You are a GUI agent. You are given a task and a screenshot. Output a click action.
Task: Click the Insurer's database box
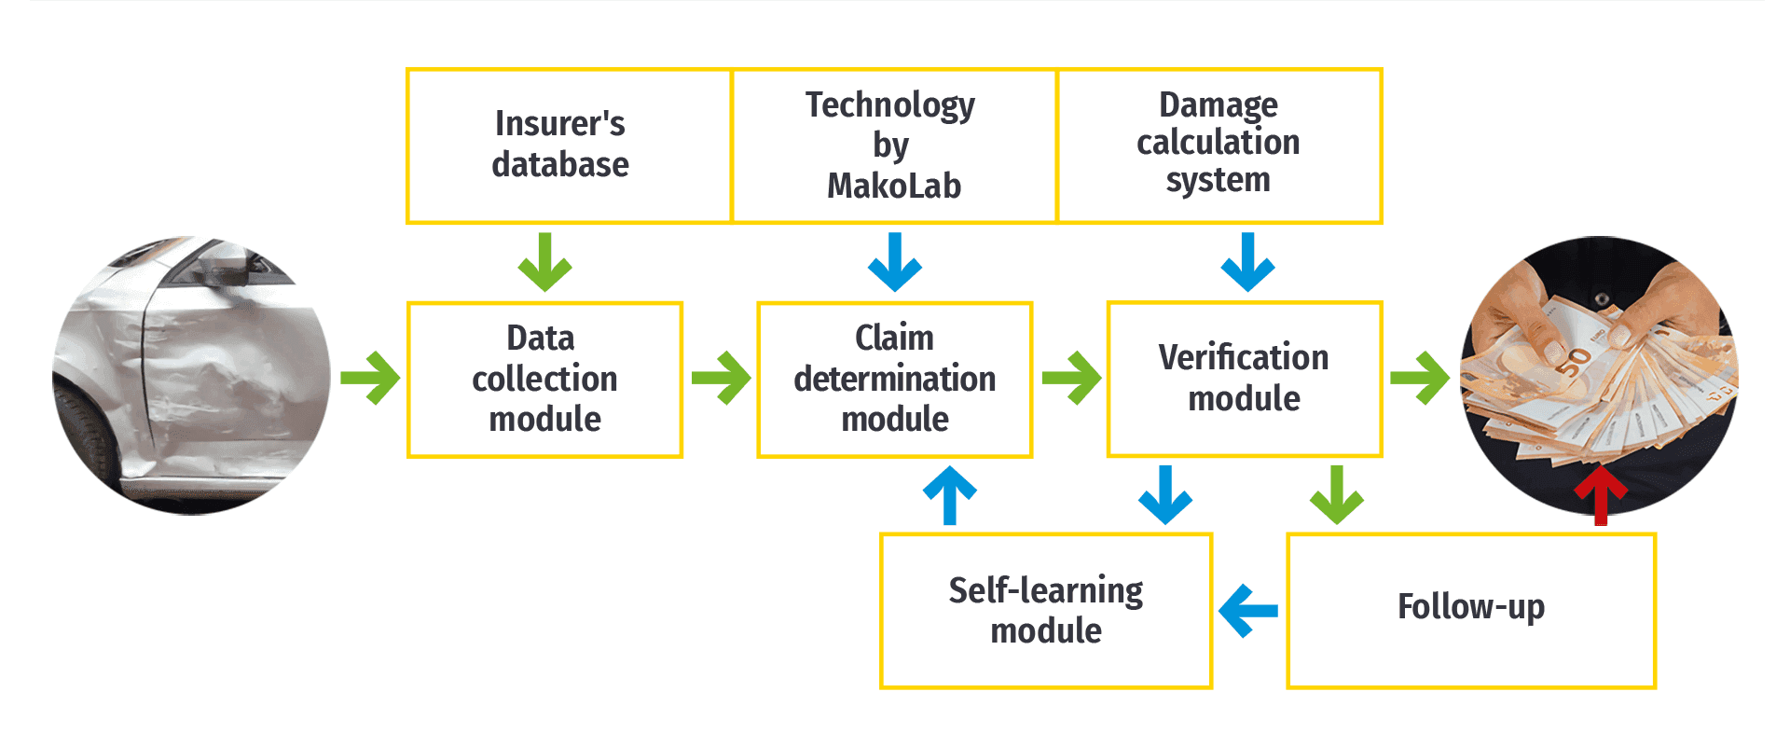569,145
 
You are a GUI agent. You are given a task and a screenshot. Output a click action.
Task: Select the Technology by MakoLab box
894,145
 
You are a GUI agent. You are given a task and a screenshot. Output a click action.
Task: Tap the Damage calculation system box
1219,145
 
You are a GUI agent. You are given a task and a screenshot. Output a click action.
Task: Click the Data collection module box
544,380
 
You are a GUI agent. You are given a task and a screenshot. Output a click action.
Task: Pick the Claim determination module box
894,380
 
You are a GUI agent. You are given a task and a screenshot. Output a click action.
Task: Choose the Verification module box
1244,379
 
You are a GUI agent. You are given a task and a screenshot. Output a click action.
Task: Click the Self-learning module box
1046,611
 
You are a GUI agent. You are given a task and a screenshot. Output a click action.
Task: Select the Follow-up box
1471,611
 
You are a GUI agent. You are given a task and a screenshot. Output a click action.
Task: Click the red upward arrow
1601,496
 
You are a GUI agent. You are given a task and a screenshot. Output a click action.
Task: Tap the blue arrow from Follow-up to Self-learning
1248,611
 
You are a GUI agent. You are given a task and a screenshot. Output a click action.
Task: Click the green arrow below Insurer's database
544,262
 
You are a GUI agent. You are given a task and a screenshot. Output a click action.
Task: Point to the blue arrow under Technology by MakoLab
895,262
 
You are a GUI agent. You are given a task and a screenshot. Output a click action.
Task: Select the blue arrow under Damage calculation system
1247,262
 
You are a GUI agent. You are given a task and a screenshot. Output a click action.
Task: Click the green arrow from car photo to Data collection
370,378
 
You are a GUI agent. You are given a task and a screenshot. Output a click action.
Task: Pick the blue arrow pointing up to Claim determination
950,495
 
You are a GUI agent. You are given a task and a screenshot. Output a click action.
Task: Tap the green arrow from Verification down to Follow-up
1337,495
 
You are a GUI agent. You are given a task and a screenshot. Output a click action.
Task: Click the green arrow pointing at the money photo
1420,378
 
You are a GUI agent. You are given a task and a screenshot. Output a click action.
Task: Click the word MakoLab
894,186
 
